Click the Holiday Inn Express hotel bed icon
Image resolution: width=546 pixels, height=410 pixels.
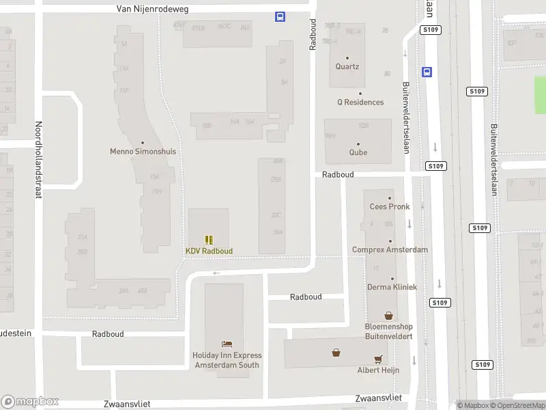point(227,344)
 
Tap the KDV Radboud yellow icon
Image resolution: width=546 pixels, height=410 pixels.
point(209,240)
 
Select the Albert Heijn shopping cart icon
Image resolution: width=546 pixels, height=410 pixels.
point(377,359)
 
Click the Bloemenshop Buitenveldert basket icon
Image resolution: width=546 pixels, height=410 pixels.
point(388,316)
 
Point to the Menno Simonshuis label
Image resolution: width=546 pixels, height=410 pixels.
point(143,152)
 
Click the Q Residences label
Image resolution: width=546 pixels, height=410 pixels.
point(360,102)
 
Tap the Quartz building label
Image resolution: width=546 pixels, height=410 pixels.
point(347,67)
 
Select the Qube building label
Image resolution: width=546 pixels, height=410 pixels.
point(358,152)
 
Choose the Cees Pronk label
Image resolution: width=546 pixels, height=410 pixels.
point(390,206)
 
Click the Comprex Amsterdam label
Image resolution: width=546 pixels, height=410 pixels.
point(390,249)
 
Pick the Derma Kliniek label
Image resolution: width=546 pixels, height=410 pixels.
point(392,287)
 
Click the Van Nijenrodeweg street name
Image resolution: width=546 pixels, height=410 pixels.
point(153,10)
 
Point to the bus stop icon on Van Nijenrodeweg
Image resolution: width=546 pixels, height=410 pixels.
point(280,17)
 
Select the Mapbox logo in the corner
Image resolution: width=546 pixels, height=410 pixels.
point(30,402)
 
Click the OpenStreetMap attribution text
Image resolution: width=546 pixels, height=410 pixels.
point(521,405)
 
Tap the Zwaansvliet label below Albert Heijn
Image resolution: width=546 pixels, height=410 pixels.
point(378,398)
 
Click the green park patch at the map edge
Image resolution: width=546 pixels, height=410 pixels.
point(540,95)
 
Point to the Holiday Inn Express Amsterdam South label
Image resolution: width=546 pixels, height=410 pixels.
point(227,360)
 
